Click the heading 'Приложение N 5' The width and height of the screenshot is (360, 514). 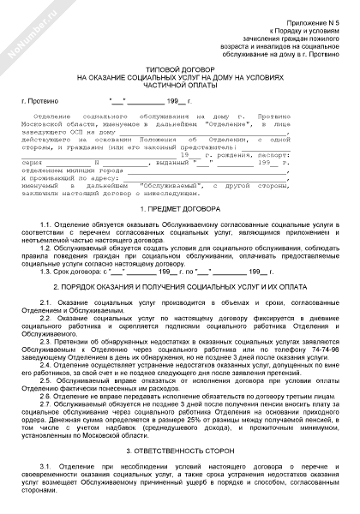(x=317, y=12)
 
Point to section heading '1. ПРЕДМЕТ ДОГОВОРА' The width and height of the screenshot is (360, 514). (x=180, y=209)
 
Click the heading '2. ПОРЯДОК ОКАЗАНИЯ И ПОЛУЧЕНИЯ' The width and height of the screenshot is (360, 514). (x=180, y=287)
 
